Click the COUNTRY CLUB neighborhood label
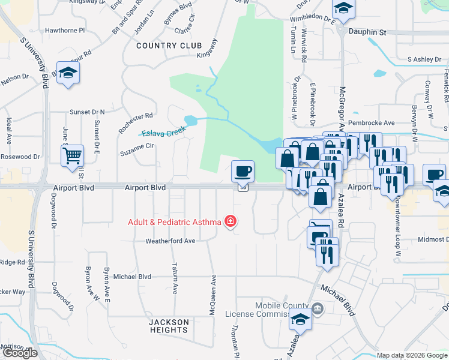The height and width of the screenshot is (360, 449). tap(164, 46)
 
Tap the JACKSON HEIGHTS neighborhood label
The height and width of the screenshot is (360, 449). tap(169, 326)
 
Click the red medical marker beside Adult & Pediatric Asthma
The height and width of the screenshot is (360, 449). tap(229, 222)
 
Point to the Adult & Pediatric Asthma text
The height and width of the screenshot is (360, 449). tap(174, 222)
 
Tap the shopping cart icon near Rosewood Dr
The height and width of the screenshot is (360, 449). tap(71, 155)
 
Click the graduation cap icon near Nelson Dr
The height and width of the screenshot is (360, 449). tap(68, 73)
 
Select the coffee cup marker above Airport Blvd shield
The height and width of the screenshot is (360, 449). tap(243, 172)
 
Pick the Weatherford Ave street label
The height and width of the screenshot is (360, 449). tap(170, 241)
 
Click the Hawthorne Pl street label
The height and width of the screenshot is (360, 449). tap(65, 30)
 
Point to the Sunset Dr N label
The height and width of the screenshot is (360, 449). tap(87, 112)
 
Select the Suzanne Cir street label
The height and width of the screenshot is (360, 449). tap(137, 145)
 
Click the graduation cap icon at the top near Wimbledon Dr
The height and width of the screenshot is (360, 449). tap(343, 8)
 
